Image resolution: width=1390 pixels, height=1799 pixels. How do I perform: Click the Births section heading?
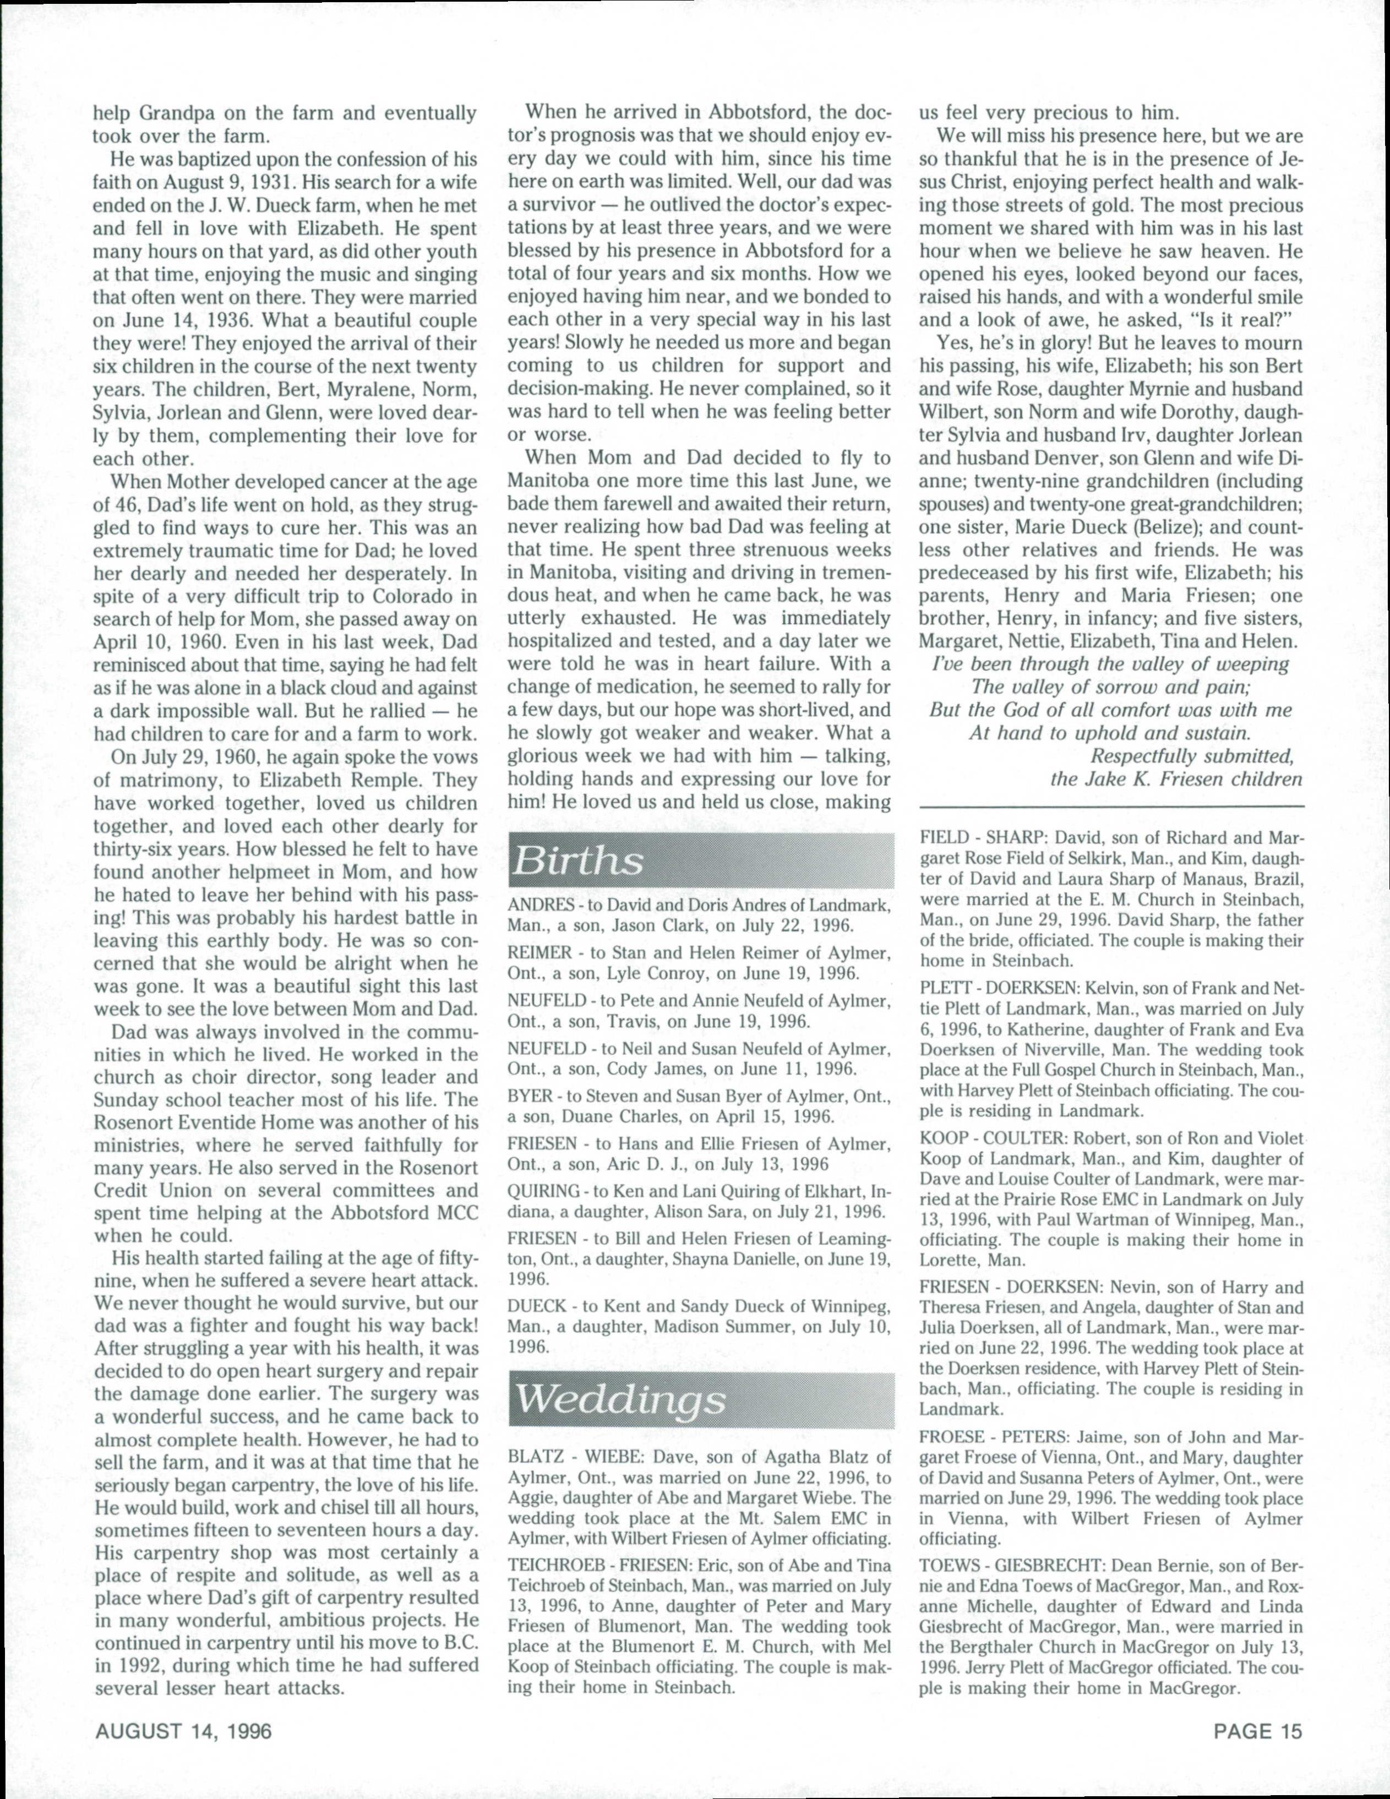click(577, 862)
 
